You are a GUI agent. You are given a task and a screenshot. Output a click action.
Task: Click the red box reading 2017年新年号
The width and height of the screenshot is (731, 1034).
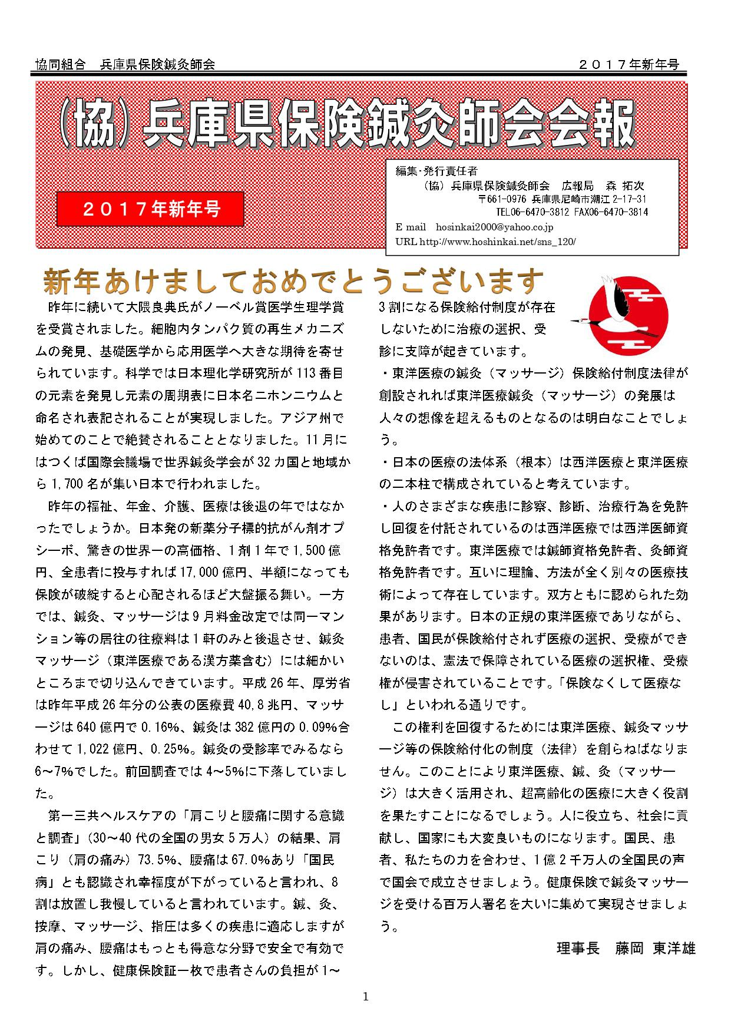(150, 209)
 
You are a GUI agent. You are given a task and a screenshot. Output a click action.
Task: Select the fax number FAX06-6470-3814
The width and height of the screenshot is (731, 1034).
(613, 212)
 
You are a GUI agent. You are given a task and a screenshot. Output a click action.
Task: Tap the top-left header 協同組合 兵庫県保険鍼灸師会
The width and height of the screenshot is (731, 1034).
(125, 65)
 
